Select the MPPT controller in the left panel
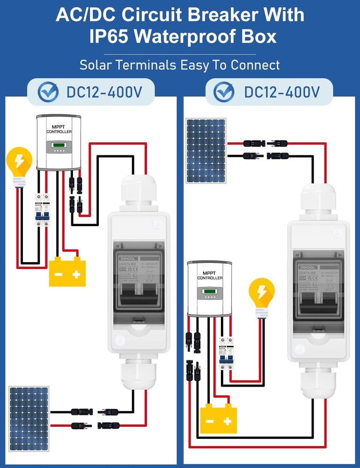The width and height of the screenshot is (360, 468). pyautogui.click(x=59, y=142)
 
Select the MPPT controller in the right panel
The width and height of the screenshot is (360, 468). pyautogui.click(x=209, y=287)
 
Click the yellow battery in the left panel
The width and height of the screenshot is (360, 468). pyautogui.click(x=68, y=271)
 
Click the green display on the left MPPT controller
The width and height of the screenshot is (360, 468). pyautogui.click(x=59, y=146)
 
